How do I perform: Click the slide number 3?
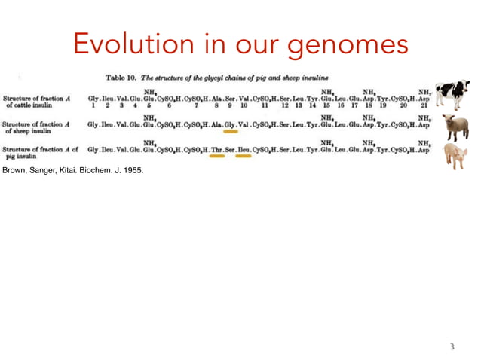point(452,347)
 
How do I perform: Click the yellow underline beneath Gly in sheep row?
point(230,131)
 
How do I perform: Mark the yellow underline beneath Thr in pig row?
point(217,157)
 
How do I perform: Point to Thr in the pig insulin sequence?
point(217,150)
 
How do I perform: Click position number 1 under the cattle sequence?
point(93,106)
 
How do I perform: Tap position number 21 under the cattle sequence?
point(424,106)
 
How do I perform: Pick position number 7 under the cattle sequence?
point(195,106)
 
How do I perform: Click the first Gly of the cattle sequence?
point(93,98)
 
